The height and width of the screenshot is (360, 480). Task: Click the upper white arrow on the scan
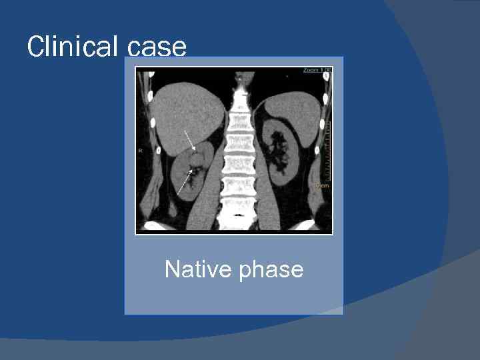tap(189, 139)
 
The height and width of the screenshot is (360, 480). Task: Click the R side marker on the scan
tap(141, 151)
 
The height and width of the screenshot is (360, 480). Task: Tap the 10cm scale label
tap(321, 185)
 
